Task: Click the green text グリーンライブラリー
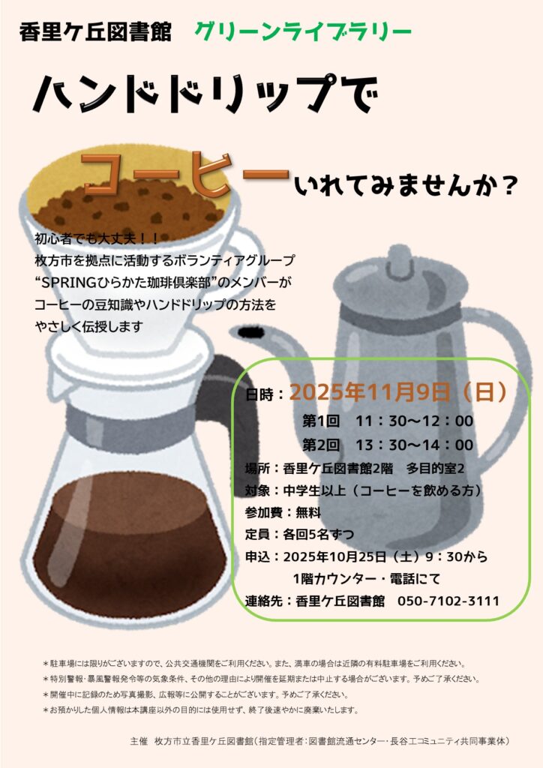click(302, 31)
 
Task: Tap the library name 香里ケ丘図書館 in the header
click(95, 32)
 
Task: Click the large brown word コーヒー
click(185, 174)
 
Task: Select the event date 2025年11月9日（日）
click(398, 391)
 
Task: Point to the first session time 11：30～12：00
click(414, 421)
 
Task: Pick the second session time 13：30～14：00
click(414, 445)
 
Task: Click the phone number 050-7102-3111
click(448, 601)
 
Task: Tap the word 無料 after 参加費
click(308, 512)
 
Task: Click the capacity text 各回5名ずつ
click(318, 534)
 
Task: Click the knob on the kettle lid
click(399, 259)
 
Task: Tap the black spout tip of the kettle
click(251, 333)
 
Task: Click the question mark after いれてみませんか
click(509, 186)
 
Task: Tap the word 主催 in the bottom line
click(139, 741)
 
